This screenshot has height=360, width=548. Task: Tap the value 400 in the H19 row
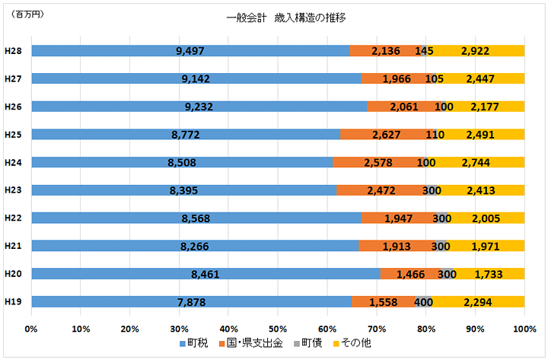[424, 302]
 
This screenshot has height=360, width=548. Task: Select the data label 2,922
[473, 51]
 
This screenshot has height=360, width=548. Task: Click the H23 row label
[12, 190]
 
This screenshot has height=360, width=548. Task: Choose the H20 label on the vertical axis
[12, 274]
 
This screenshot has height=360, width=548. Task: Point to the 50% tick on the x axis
[278, 329]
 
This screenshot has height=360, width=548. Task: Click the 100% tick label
[524, 329]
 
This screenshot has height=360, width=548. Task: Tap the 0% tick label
[31, 329]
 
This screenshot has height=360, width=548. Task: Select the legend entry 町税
[196, 345]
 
